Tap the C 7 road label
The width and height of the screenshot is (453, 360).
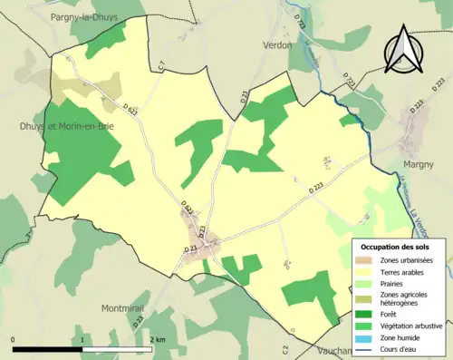(x=160, y=66)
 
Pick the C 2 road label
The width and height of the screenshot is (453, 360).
(x=284, y=349)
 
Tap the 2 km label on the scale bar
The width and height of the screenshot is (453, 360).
(x=158, y=339)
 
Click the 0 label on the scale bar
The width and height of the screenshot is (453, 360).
(x=14, y=339)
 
